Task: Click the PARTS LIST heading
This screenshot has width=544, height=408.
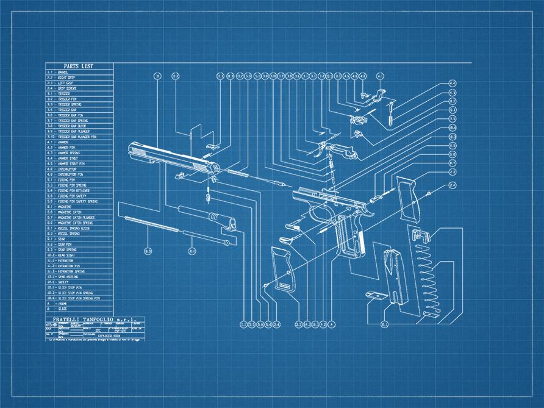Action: (x=79, y=66)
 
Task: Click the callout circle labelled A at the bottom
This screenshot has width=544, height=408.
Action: (x=332, y=324)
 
